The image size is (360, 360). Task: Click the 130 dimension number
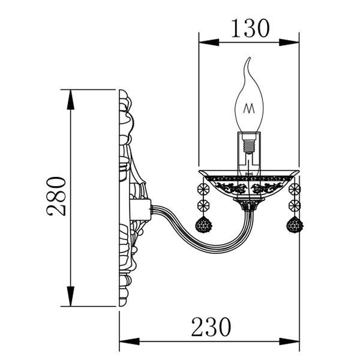coord(250,28)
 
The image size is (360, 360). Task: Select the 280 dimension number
coord(56,196)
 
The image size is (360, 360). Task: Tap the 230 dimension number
coord(211,327)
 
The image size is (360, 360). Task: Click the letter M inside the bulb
coord(249,109)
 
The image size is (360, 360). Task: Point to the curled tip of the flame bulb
coord(249,58)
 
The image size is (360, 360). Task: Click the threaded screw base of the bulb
coord(249,144)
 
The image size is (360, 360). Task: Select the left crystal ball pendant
coord(203,225)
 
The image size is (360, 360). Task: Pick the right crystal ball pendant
coord(295,224)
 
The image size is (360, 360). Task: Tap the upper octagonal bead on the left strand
coord(203,189)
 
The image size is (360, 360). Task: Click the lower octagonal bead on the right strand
coord(295,205)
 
